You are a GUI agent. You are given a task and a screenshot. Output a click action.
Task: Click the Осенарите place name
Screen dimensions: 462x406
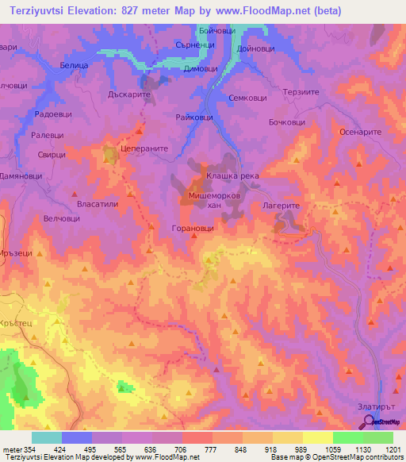[361, 132]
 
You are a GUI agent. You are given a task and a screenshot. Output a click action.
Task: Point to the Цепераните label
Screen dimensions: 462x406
[140, 148]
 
